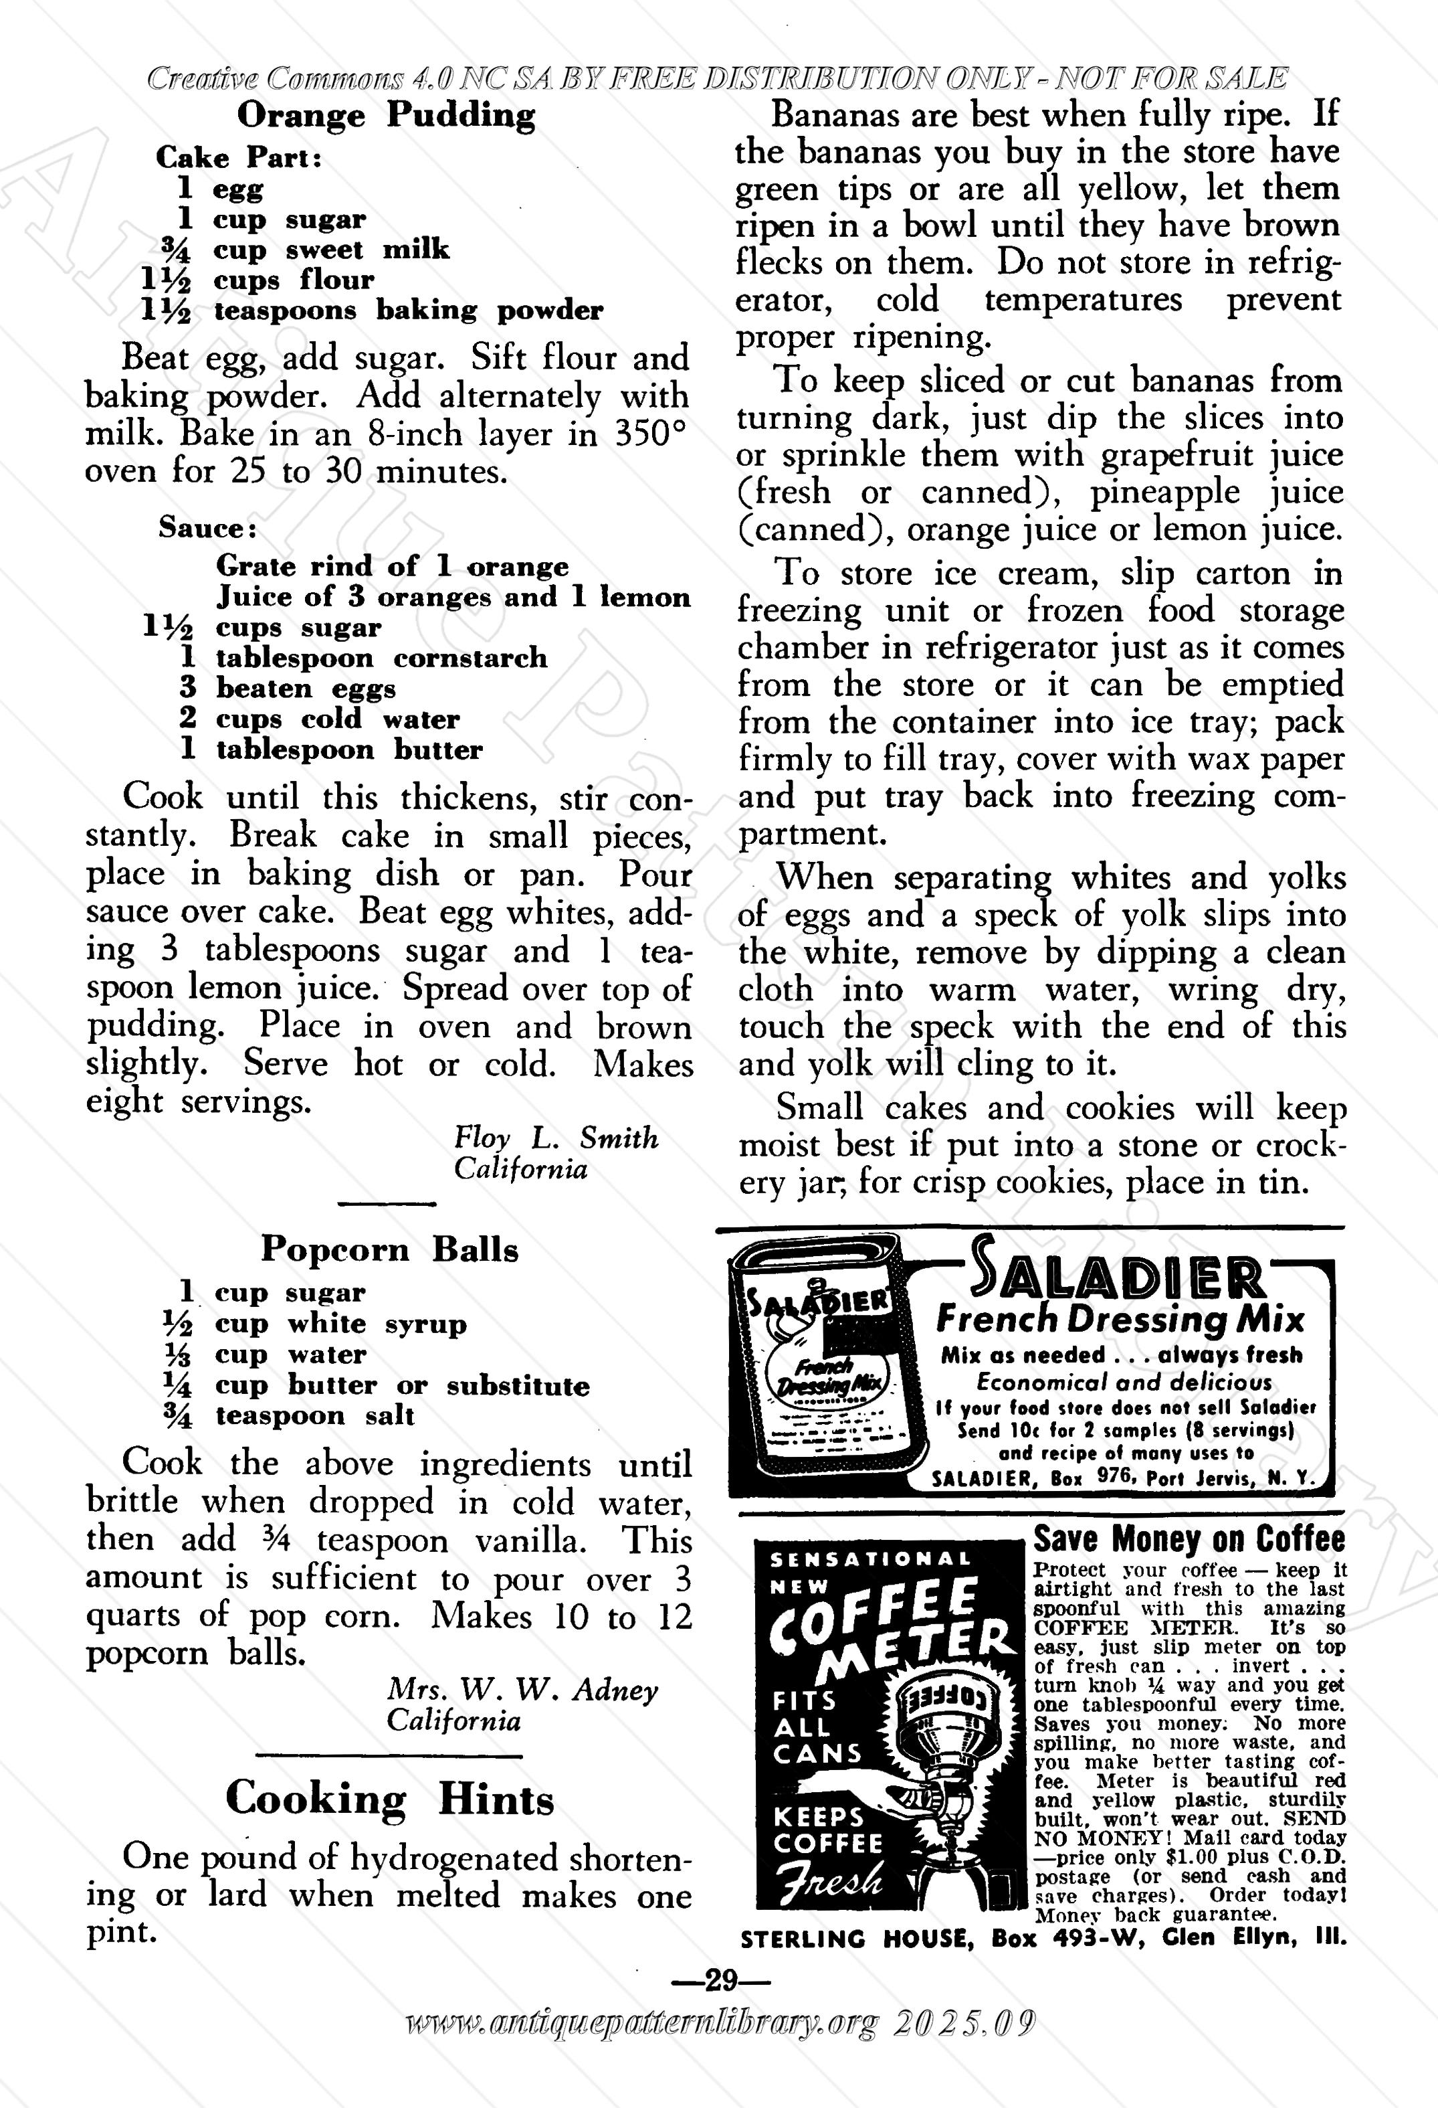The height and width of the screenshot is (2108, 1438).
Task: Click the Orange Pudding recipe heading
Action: (x=386, y=116)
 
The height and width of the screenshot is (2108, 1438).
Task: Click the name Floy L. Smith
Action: (x=556, y=1138)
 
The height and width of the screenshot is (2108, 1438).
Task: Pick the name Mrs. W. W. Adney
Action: (x=522, y=1689)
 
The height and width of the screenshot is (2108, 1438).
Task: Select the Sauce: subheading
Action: (x=207, y=528)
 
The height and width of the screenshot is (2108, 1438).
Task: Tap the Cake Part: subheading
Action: (x=239, y=158)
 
